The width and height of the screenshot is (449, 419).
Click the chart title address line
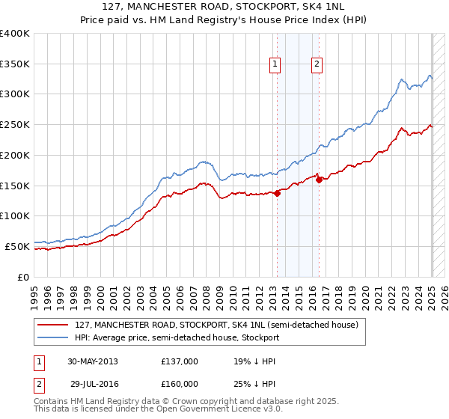coord(224,7)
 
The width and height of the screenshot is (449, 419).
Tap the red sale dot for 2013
coord(277,193)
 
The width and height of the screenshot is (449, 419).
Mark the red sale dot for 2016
coord(319,179)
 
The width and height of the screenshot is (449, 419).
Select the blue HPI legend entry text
coord(177,337)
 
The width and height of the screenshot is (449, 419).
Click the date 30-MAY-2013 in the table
coord(93,361)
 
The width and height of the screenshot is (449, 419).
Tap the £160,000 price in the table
coord(180,384)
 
